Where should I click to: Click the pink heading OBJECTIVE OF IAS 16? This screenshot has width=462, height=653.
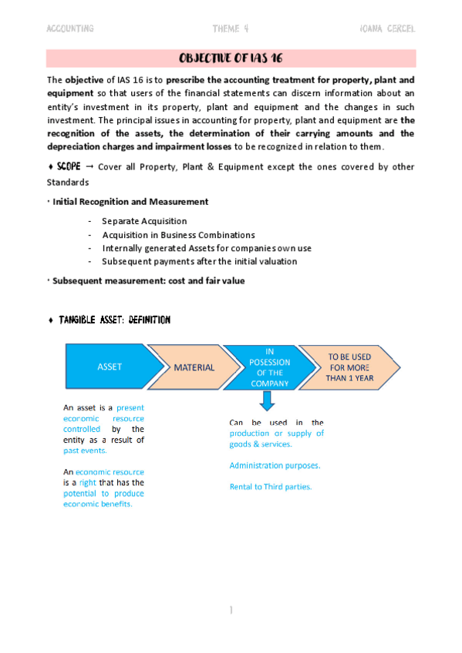[x=231, y=59]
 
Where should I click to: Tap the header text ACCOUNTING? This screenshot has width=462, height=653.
[x=70, y=28]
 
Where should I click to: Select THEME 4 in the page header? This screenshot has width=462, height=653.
[x=231, y=28]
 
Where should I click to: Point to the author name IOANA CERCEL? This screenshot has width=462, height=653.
[x=387, y=28]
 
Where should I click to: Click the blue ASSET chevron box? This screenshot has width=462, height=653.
[x=110, y=367]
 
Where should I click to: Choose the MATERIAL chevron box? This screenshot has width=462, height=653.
[x=194, y=367]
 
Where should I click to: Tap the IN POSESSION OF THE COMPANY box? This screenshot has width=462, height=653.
[x=270, y=367]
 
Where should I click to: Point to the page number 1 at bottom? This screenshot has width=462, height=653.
[x=231, y=611]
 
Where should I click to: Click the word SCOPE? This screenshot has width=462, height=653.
[x=69, y=167]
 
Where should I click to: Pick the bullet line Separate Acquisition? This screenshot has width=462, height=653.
[x=144, y=221]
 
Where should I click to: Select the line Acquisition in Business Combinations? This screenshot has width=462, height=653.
[x=178, y=235]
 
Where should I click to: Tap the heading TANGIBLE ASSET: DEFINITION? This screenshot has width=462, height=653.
[x=114, y=320]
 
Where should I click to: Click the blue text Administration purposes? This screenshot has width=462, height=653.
[x=275, y=465]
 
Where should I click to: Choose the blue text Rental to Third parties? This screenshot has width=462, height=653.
[x=270, y=487]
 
